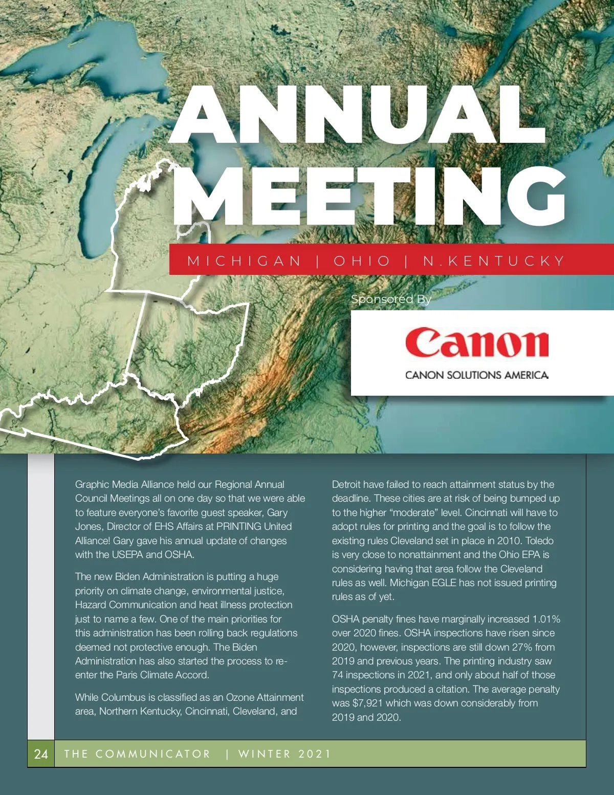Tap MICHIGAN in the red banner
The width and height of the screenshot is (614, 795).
tap(245, 261)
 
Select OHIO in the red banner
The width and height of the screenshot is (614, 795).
tap(362, 261)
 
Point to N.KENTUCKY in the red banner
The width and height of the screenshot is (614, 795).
tap(494, 261)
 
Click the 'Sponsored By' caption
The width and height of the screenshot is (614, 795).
tap(391, 299)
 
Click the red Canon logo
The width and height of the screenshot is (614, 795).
tap(476, 342)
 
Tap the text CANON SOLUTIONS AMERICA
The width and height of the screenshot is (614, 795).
tap(476, 375)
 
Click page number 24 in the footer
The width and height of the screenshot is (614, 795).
tap(41, 754)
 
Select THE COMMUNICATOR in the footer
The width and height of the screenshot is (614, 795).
tap(137, 754)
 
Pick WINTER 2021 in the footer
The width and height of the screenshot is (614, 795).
tap(284, 754)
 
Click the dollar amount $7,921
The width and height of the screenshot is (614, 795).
tap(367, 703)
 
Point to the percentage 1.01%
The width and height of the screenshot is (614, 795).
tap(546, 619)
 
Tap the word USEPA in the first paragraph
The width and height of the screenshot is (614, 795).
tap(128, 554)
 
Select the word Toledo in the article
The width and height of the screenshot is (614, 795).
tap(539, 541)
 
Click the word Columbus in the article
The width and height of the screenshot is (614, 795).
tap(123, 697)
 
